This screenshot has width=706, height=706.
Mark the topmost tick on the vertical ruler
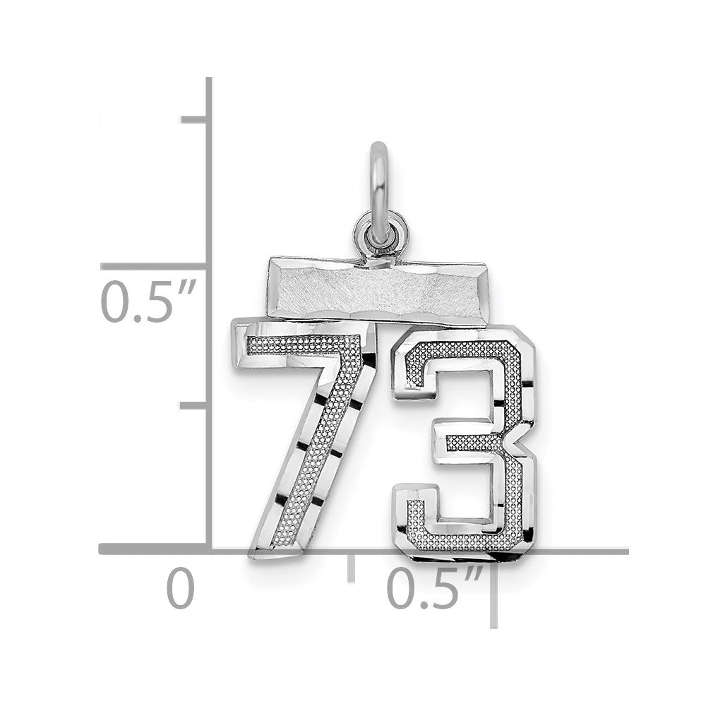193,119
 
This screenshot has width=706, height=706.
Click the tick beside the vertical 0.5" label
154,267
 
